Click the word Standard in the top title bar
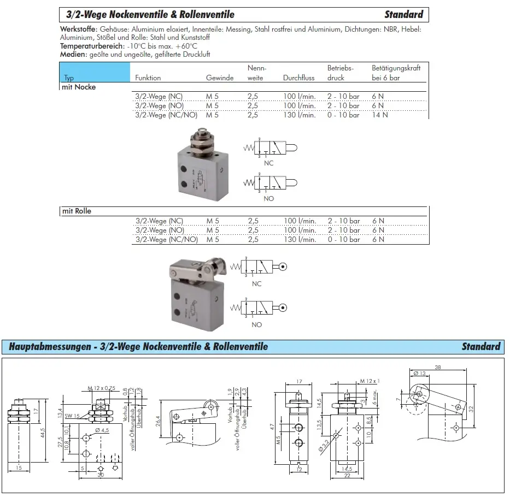pos(403,14)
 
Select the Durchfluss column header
pos(299,78)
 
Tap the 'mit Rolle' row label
pos(76,211)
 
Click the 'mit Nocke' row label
pos(79,87)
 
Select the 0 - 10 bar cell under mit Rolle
pos(343,239)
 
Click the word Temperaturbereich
pos(88,46)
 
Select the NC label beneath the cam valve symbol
pos(268,163)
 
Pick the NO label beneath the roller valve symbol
pos(257,324)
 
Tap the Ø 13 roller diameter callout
pos(419,374)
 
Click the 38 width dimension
pos(438,368)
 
